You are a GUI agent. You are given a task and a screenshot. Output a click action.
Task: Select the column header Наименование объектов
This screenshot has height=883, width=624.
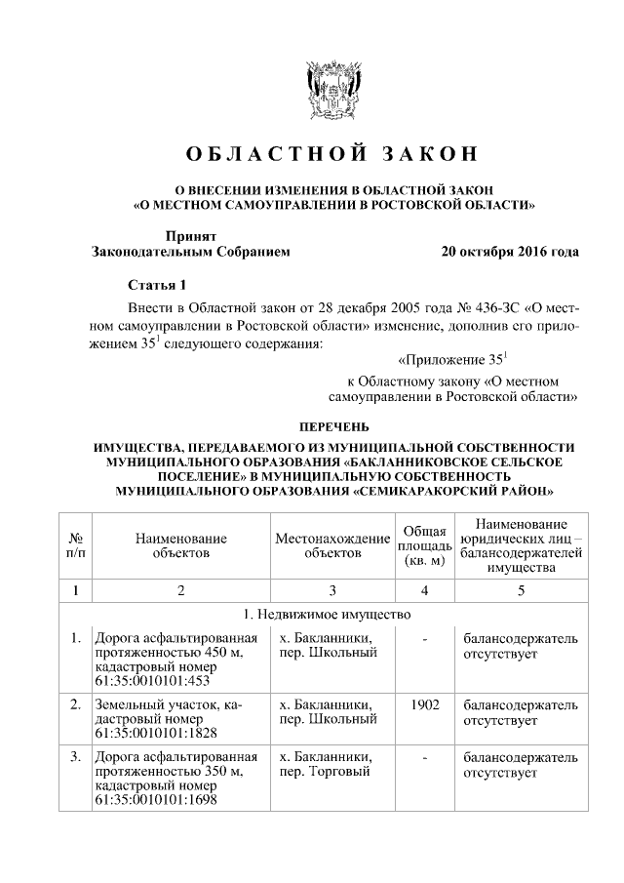point(181,545)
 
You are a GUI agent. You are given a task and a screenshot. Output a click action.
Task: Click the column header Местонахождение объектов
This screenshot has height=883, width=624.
point(332,545)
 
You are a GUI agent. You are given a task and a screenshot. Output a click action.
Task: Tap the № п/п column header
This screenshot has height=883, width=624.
point(75,545)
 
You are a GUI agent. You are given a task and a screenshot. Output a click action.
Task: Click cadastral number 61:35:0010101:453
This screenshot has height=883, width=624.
point(152,680)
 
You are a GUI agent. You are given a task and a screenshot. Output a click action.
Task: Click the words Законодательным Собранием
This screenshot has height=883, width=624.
point(190,251)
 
